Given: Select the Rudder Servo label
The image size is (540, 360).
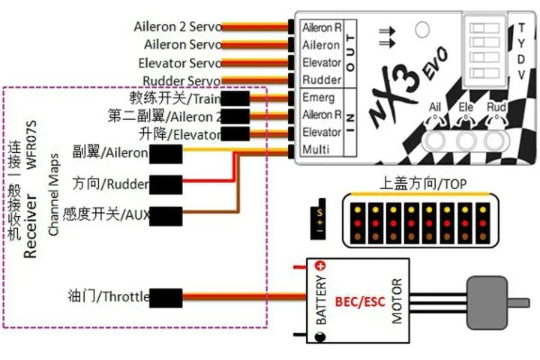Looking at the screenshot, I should (181, 80).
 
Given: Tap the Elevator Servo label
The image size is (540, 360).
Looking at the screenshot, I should (180, 63).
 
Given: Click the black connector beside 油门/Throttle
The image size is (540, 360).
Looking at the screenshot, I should (166, 296).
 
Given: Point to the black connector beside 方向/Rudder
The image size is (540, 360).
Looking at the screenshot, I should (166, 184).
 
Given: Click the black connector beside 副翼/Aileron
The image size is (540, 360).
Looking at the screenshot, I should (166, 154).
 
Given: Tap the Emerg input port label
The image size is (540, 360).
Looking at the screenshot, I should (318, 97).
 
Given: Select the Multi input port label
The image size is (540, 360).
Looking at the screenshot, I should (316, 149).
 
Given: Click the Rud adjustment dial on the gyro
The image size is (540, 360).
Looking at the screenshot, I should (493, 140).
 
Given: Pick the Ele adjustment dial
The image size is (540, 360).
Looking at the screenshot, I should (466, 140).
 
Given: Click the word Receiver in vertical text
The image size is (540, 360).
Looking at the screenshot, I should (31, 228).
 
